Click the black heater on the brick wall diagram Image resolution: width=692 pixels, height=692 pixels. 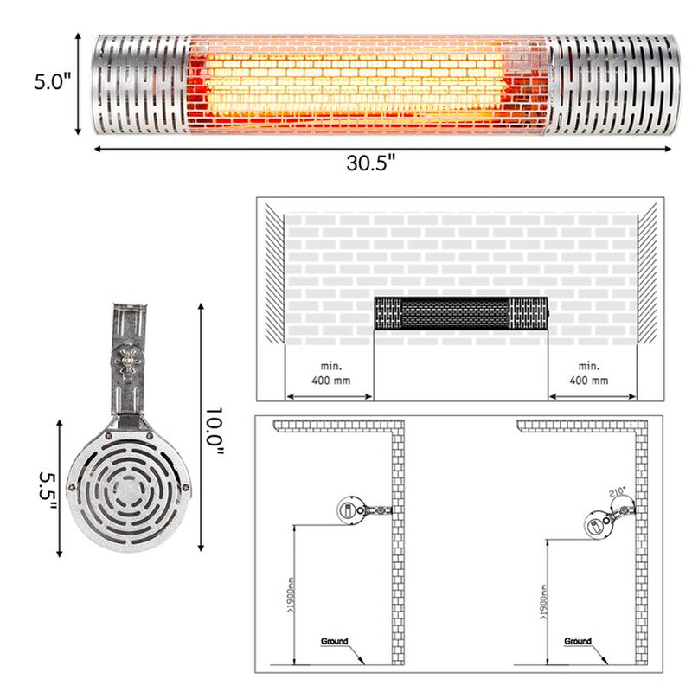click(460, 313)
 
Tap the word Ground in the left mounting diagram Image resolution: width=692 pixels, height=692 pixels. click(334, 641)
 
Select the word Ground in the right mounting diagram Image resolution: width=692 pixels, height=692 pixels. click(577, 641)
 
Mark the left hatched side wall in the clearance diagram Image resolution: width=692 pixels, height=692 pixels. click(273, 277)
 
